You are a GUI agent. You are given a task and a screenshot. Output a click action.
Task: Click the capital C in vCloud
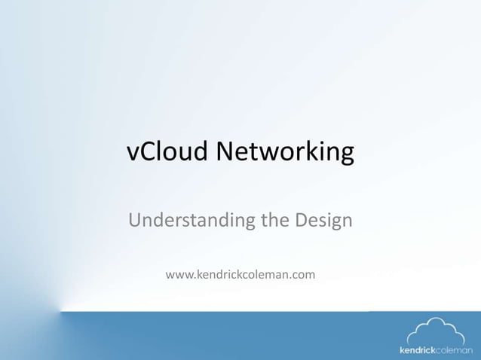[147, 152]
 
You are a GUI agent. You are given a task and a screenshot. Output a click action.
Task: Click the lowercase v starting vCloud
[132, 154]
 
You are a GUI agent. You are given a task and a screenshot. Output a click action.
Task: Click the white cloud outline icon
[436, 331]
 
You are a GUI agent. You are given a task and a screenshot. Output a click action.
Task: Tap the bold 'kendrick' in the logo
[418, 350]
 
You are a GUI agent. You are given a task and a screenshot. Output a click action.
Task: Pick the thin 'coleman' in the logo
[455, 350]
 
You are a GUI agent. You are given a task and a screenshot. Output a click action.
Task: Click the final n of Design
[347, 222]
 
